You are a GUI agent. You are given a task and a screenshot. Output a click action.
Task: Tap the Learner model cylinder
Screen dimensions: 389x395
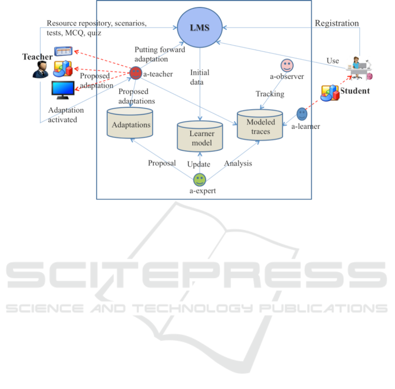click(x=201, y=137)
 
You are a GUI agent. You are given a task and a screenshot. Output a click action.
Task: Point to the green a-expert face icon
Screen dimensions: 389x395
click(x=199, y=179)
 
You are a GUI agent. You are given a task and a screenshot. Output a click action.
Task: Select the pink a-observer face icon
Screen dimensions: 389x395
click(x=287, y=65)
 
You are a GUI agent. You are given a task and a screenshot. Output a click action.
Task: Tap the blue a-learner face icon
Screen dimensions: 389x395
click(x=302, y=114)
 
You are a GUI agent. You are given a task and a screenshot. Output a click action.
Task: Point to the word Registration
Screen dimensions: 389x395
click(x=337, y=23)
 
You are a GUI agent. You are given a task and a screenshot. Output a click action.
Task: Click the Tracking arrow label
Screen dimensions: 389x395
click(x=270, y=94)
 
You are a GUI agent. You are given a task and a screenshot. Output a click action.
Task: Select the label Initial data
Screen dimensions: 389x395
click(x=200, y=77)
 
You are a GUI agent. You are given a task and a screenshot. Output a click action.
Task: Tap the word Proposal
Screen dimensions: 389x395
click(x=162, y=163)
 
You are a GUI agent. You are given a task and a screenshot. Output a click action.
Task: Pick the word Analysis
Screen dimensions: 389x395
click(x=238, y=163)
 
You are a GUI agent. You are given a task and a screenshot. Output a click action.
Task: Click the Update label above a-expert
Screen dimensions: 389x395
click(x=199, y=164)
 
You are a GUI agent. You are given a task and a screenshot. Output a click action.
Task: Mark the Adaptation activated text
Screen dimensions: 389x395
click(x=63, y=115)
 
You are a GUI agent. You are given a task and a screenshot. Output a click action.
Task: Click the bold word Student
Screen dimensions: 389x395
click(x=355, y=91)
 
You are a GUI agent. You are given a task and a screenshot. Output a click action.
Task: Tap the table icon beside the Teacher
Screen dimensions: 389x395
click(x=63, y=51)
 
